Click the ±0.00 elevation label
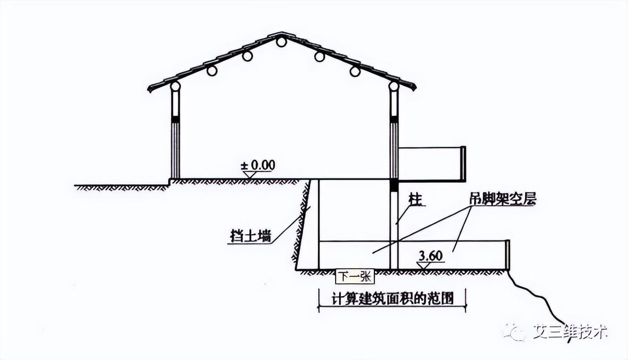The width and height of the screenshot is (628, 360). click(258, 165)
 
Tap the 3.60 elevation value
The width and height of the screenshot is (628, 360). click(430, 256)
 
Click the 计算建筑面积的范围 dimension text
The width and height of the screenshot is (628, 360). click(391, 299)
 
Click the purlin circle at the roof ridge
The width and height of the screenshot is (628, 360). click(281, 42)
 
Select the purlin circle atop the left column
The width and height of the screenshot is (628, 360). click(175, 86)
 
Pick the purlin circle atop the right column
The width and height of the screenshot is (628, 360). click(393, 86)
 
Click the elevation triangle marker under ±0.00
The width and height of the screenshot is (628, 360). click(249, 174)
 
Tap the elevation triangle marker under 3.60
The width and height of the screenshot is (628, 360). click(424, 265)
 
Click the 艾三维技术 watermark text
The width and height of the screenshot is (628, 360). click(569, 331)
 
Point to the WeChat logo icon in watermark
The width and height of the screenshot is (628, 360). click(513, 332)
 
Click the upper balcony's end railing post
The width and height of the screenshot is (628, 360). click(463, 164)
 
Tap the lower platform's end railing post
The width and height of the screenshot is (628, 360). click(508, 255)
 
